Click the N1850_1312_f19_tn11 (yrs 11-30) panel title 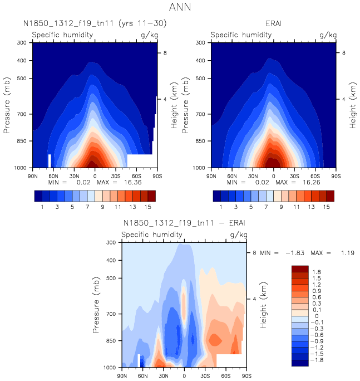tap(95, 24)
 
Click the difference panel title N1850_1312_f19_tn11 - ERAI tap(184, 224)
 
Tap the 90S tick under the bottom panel tap(245, 375)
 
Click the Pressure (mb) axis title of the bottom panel tap(97, 305)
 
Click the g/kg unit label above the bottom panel tap(239, 235)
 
